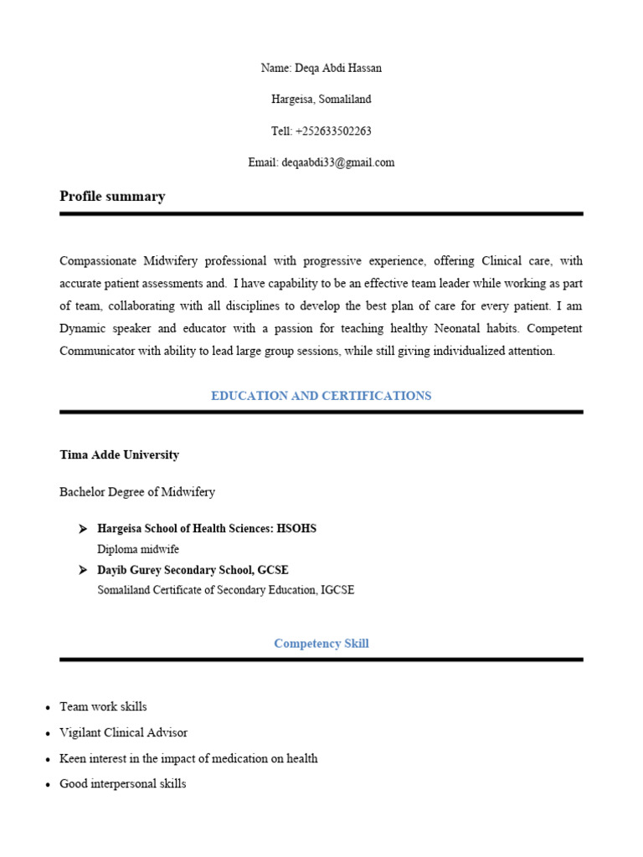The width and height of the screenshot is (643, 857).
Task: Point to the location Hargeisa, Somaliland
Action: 321,100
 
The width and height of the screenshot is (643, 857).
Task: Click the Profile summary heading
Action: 112,197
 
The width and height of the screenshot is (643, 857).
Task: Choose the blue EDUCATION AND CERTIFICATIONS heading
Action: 321,396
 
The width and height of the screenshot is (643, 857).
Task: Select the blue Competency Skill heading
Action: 321,644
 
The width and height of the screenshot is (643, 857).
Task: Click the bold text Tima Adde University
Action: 119,455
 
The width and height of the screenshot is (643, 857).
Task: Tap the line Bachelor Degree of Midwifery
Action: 137,492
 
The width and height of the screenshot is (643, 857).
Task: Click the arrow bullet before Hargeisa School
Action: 82,529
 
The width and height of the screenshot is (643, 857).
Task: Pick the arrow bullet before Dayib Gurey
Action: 82,570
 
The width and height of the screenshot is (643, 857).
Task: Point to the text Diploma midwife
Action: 138,549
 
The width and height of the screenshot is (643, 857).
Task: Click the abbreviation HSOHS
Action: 297,529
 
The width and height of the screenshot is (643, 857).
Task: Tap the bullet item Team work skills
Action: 103,707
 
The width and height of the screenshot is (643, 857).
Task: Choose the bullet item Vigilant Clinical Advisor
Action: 123,733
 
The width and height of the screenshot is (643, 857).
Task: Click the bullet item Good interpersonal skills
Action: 122,784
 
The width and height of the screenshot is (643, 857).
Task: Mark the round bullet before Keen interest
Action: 49,760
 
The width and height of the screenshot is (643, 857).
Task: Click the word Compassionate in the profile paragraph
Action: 98,261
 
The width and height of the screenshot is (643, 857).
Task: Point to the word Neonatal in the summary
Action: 463,329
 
